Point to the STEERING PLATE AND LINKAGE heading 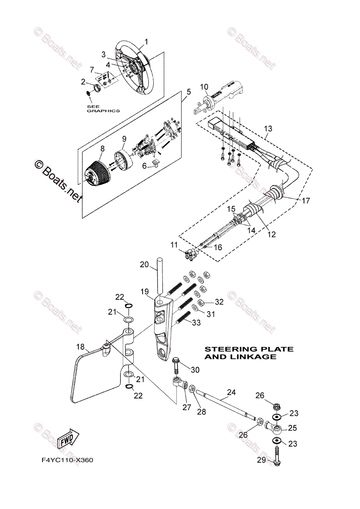249,353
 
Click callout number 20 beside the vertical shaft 144,265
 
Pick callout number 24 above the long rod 231,393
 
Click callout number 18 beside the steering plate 81,347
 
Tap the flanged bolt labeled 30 177,363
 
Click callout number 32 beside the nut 219,302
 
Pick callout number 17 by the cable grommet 306,201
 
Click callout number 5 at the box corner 188,92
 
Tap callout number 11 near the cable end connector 174,245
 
